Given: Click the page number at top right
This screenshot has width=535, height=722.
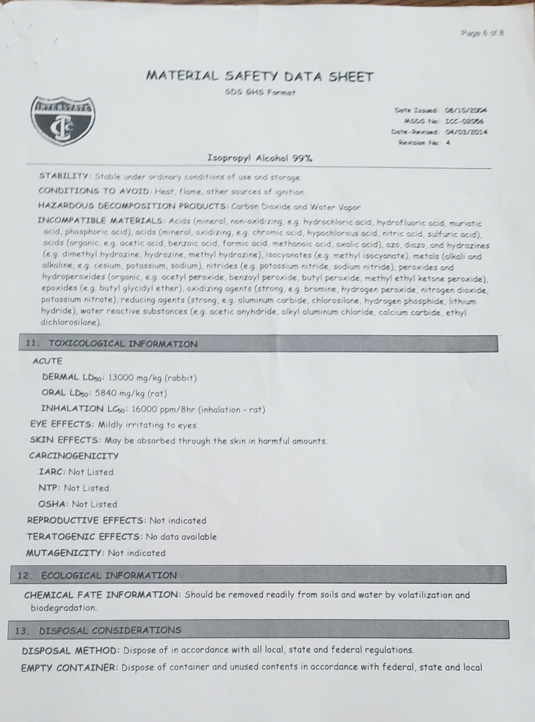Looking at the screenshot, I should point(482,32).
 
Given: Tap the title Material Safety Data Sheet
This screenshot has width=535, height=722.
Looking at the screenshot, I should point(260,76).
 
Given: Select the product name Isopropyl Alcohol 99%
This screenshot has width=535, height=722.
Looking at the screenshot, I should point(260,158).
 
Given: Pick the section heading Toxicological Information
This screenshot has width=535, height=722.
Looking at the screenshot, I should point(123,344).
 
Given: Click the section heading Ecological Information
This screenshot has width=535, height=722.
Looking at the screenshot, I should point(108,575).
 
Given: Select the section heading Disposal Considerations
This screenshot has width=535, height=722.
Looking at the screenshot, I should point(110,630).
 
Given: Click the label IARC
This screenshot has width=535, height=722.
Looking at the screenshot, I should point(52,472).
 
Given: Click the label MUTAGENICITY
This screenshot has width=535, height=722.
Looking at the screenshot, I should point(65,553).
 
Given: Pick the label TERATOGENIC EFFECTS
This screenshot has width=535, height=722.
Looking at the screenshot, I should point(84,537).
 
